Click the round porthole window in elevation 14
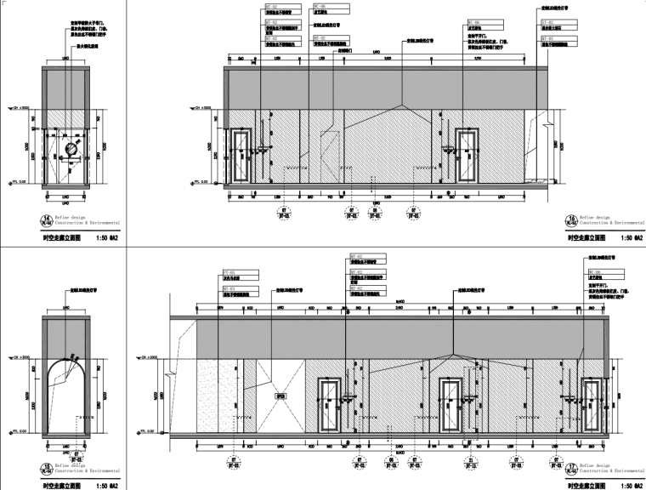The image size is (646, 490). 72,150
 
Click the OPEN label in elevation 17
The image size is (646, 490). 277,396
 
